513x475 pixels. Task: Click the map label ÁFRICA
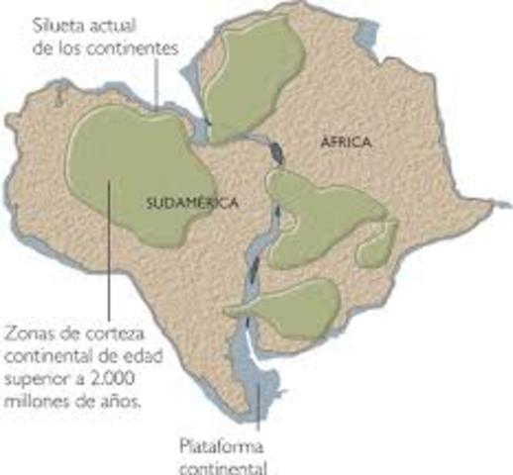(x=346, y=143)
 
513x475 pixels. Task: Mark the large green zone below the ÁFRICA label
(x=322, y=213)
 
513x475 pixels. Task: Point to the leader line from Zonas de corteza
(x=106, y=267)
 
